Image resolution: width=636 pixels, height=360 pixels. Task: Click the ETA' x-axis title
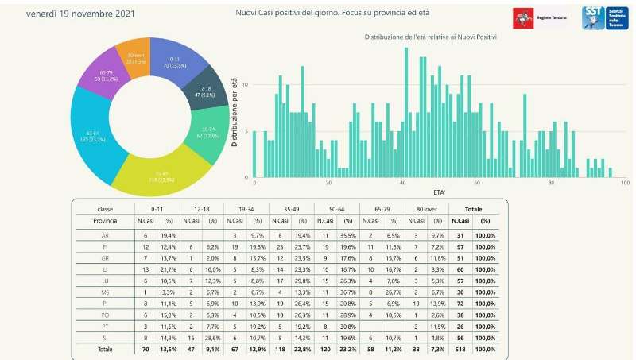439,193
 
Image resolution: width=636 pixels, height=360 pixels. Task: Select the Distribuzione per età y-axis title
236,110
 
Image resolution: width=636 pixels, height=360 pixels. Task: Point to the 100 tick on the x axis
625,183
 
